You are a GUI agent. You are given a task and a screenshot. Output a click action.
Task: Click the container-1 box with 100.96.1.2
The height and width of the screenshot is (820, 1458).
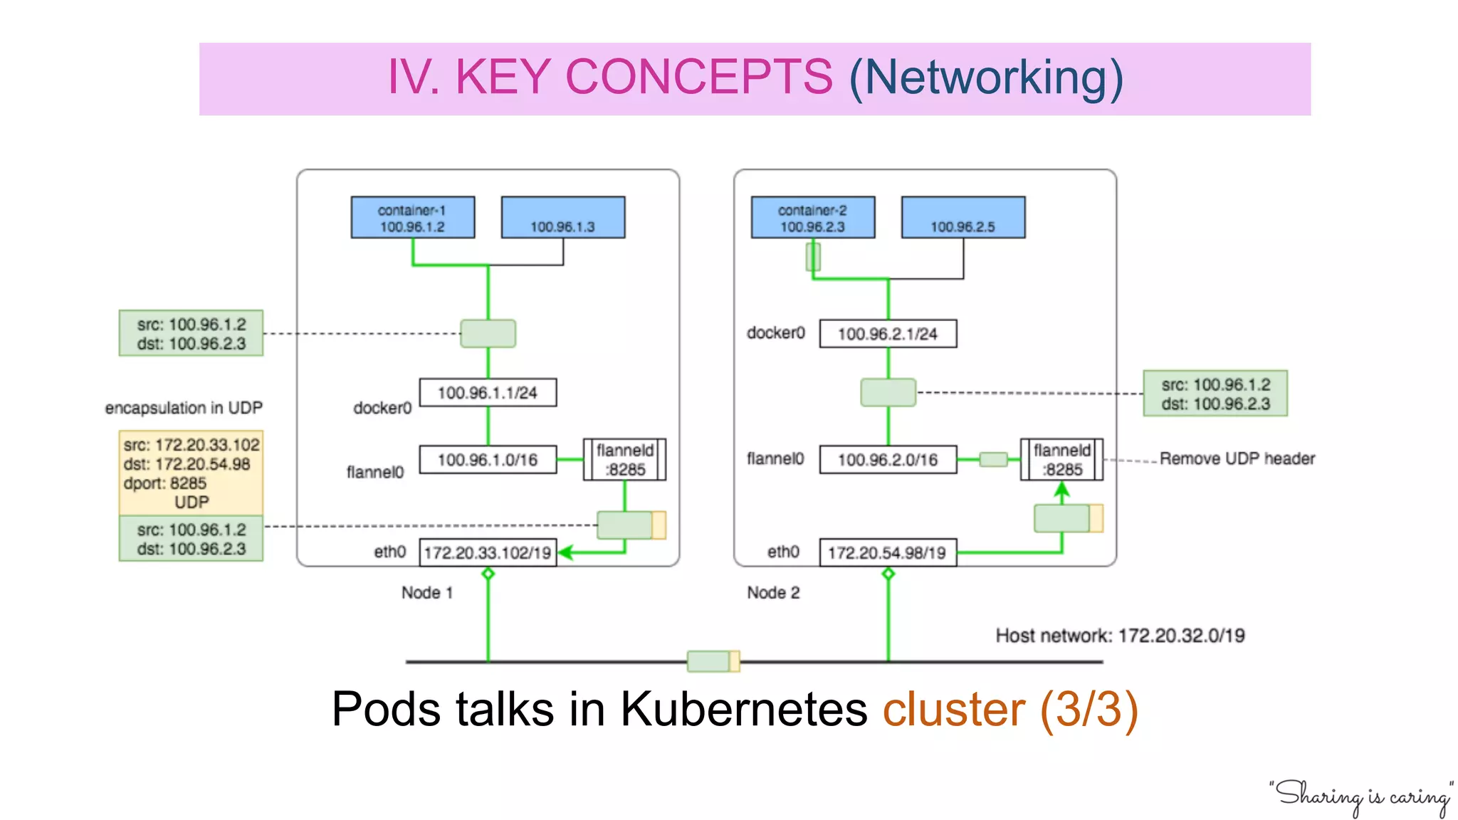[412, 218]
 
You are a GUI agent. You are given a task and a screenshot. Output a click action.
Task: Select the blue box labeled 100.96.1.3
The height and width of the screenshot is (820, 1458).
[562, 218]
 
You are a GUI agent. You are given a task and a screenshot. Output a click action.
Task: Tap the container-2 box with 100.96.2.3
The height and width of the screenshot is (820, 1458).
[812, 218]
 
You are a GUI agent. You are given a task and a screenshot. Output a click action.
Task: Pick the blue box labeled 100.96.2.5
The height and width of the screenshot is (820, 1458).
[963, 218]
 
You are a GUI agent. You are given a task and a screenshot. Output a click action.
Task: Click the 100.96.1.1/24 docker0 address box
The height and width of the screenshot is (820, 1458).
[488, 392]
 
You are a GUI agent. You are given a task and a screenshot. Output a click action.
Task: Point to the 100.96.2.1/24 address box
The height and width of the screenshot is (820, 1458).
[888, 334]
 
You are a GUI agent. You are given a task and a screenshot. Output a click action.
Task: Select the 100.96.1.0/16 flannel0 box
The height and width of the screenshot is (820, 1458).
[488, 460]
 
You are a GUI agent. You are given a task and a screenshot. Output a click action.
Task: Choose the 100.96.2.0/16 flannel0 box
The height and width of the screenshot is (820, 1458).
[888, 460]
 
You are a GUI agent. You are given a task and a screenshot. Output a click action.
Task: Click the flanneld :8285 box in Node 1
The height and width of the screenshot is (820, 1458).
[624, 460]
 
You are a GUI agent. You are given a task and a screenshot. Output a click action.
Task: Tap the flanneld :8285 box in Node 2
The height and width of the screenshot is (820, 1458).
[1061, 460]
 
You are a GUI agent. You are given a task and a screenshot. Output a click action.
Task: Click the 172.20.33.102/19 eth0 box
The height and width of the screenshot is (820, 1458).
[488, 553]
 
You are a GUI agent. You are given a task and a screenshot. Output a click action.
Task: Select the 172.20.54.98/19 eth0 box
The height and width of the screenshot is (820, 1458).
[888, 553]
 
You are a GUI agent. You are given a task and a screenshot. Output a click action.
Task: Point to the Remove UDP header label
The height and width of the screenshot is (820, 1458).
[1237, 458]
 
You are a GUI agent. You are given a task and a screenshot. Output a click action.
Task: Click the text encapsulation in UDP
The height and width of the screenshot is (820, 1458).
[184, 408]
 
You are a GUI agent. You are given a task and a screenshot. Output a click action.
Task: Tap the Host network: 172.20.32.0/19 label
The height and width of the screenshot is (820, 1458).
[1120, 636]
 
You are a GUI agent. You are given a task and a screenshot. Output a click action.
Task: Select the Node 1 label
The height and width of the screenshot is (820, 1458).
[426, 592]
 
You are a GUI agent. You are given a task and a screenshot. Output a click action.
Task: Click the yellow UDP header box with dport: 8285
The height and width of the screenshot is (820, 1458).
[191, 473]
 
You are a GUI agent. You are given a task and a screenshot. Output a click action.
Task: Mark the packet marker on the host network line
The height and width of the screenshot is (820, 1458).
[713, 661]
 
